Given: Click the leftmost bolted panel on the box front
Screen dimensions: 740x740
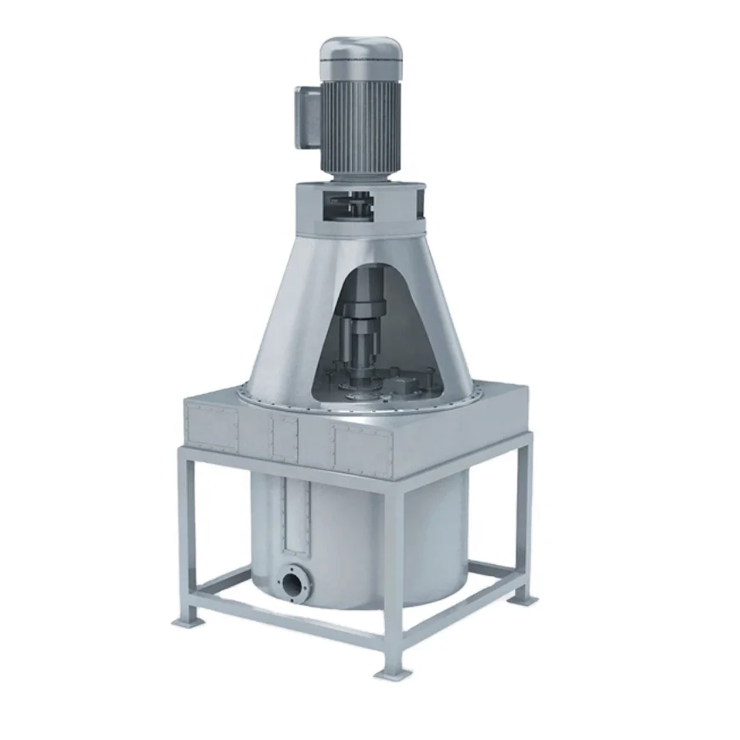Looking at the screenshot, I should tap(212, 424).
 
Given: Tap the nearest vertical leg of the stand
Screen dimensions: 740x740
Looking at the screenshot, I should tap(392, 578).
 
